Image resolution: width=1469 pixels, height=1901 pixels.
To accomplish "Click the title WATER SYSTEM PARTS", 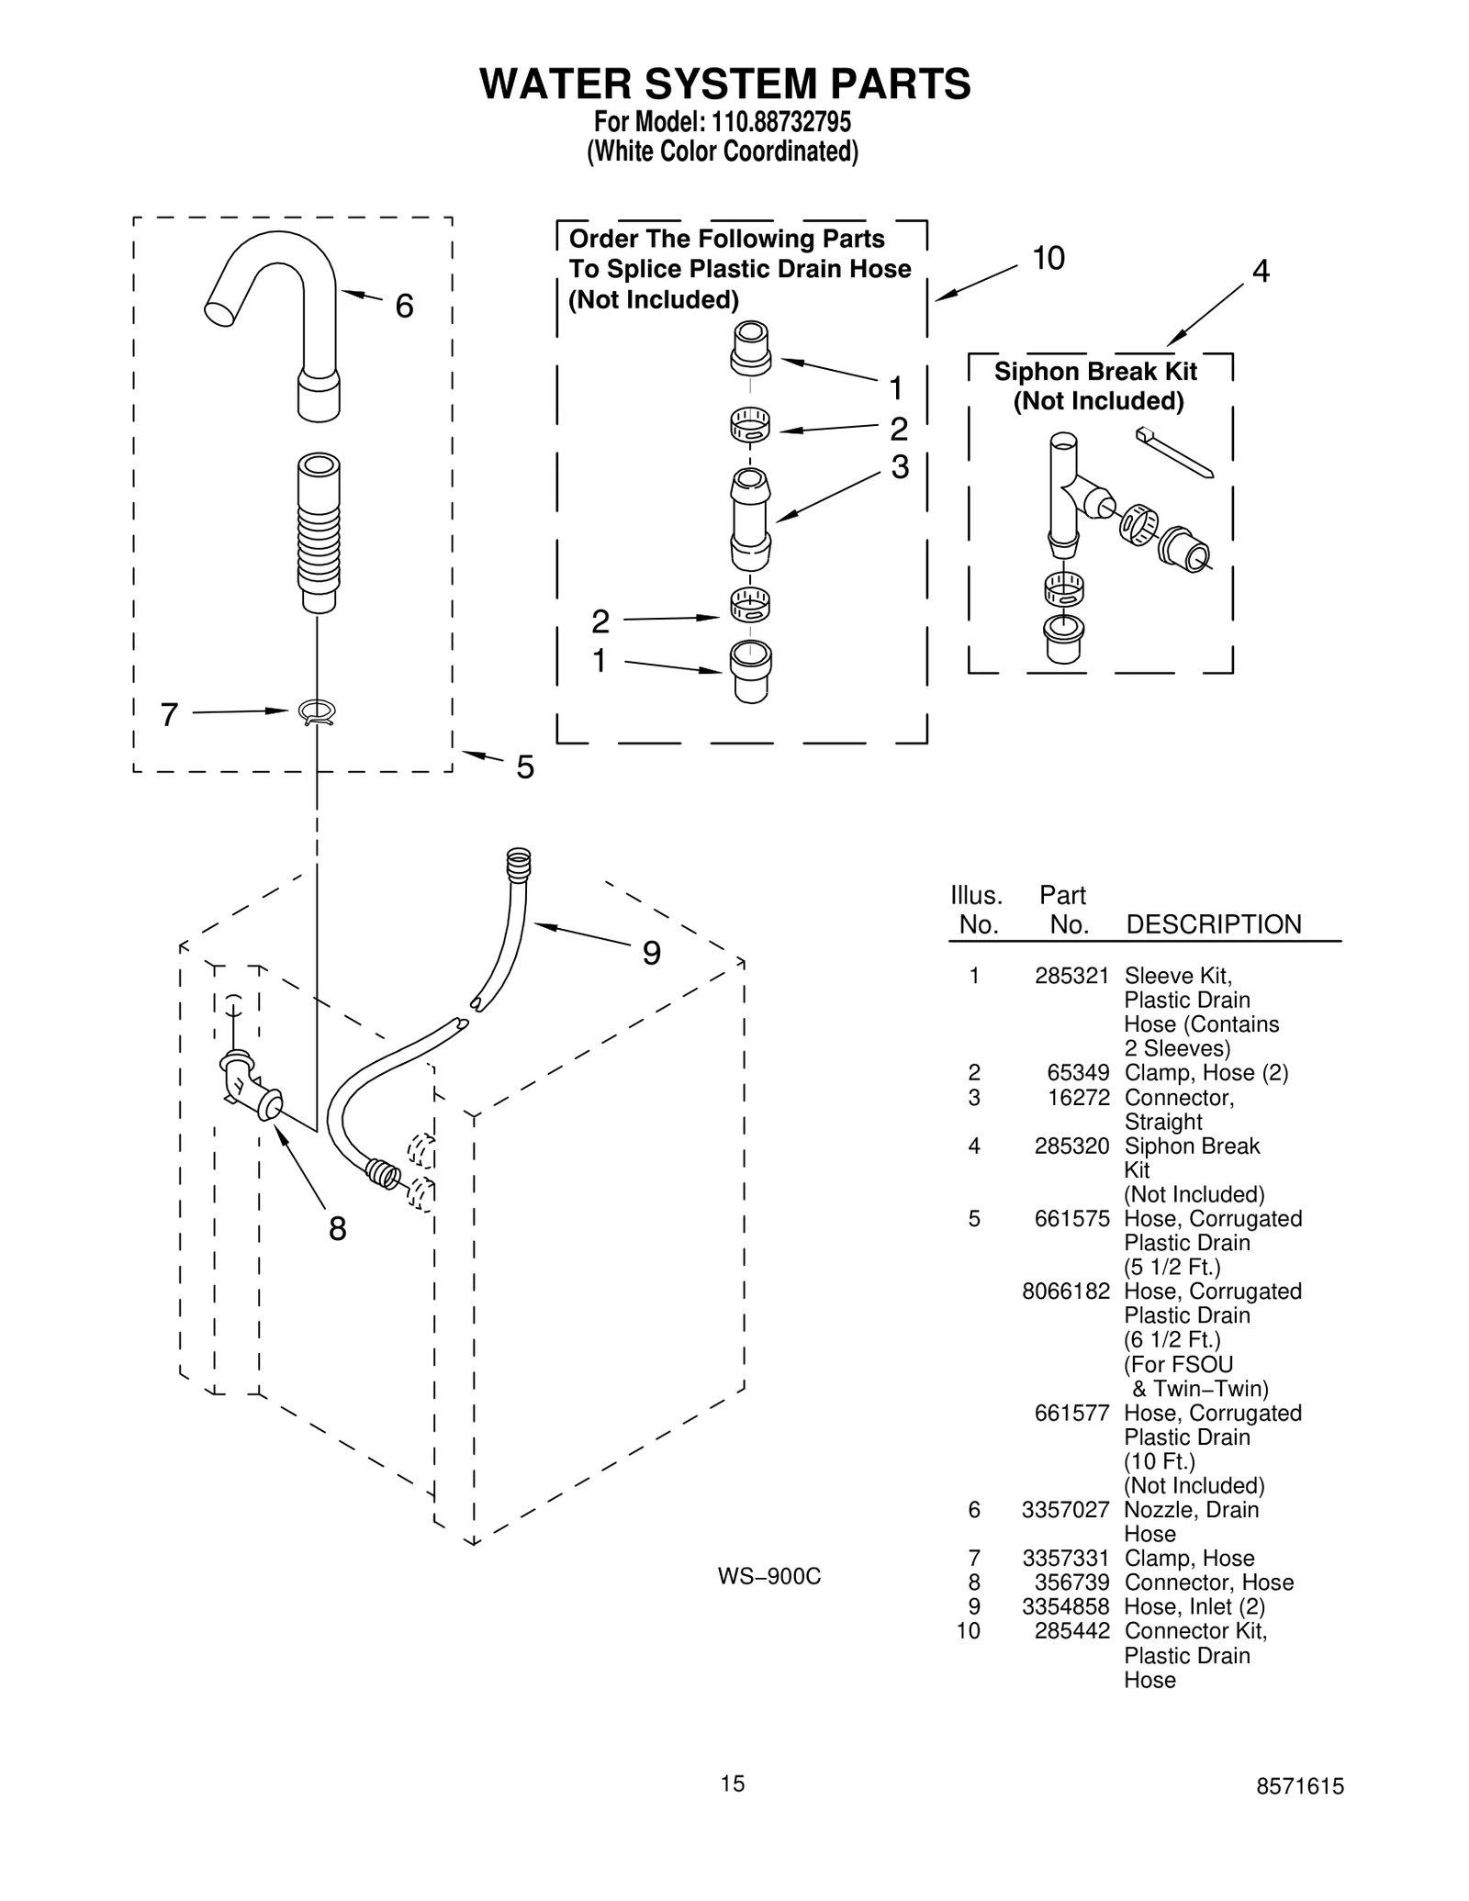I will pyautogui.click(x=724, y=84).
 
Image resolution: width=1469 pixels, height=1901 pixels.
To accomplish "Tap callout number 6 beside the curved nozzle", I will pyautogui.click(x=404, y=307).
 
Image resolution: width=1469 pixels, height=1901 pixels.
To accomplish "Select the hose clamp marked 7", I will pyautogui.click(x=317, y=711).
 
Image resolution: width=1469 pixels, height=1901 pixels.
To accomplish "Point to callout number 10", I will pyautogui.click(x=1048, y=259).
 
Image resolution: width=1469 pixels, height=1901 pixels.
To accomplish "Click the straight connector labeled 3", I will pyautogui.click(x=750, y=519).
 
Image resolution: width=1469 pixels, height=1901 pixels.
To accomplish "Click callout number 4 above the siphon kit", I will pyautogui.click(x=1261, y=272).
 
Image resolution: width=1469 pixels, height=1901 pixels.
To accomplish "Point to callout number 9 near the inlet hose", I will pyautogui.click(x=651, y=954).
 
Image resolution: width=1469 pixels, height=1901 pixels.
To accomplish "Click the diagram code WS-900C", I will pyautogui.click(x=768, y=1577).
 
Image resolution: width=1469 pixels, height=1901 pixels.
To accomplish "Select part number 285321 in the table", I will pyautogui.click(x=1071, y=976).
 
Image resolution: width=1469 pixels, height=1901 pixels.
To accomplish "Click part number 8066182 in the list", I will pyautogui.click(x=1065, y=1292).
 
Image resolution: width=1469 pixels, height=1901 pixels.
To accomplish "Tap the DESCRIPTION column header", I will pyautogui.click(x=1213, y=924).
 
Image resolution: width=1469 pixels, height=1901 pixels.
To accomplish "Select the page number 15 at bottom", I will pyautogui.click(x=733, y=1784).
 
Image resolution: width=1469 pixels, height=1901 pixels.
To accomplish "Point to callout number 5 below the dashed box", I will pyautogui.click(x=524, y=767).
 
